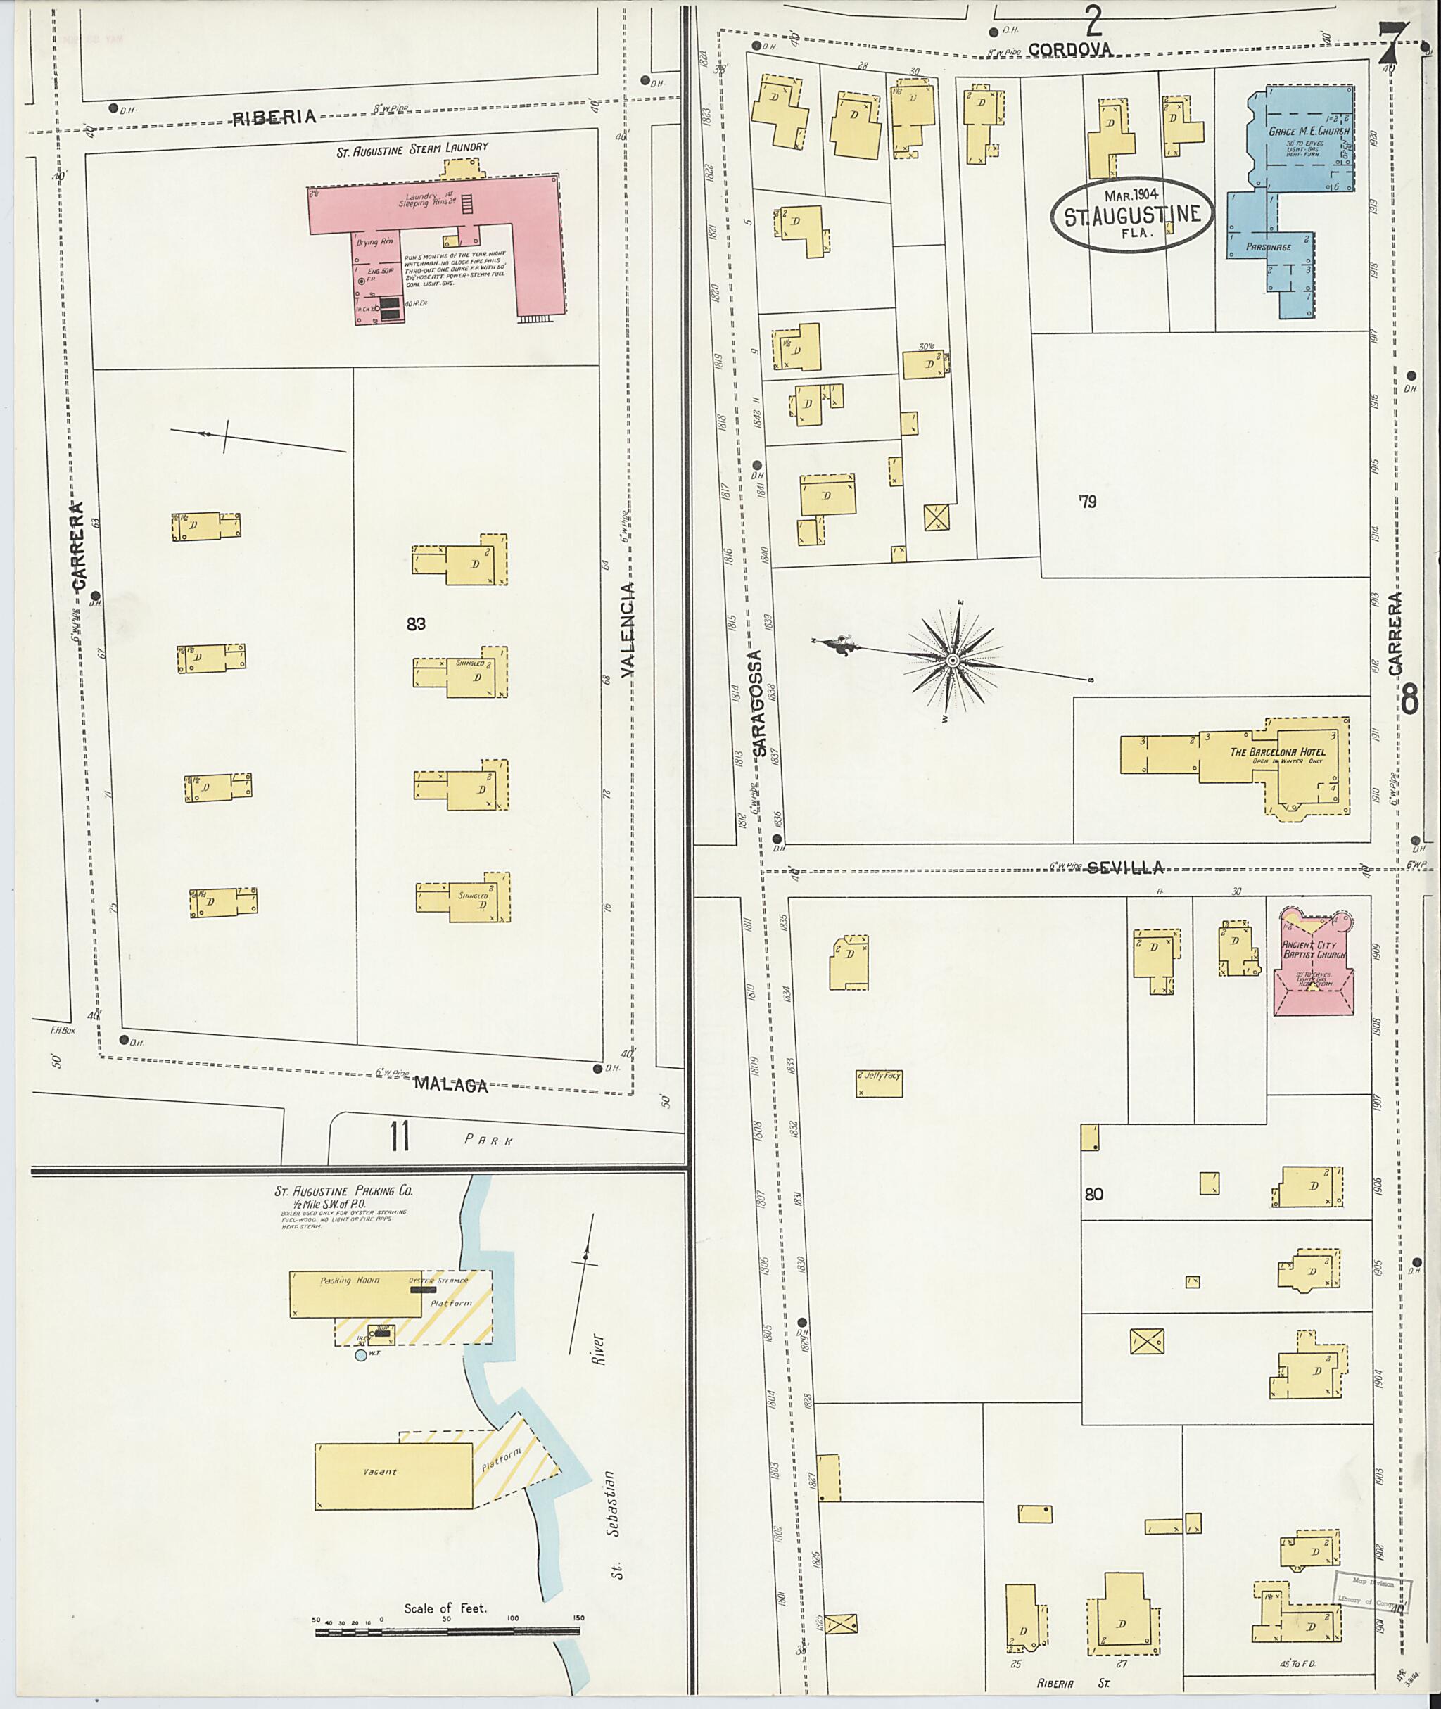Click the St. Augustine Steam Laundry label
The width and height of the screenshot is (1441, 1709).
click(412, 147)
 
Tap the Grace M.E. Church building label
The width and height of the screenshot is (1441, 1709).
click(1309, 131)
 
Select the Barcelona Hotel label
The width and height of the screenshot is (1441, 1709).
click(1278, 751)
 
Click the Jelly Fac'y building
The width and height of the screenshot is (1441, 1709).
click(879, 1082)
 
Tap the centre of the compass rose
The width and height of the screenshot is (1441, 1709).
click(953, 659)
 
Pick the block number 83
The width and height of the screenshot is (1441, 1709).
click(416, 624)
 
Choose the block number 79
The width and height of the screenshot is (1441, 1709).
click(1086, 502)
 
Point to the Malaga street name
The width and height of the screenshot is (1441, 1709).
click(450, 1085)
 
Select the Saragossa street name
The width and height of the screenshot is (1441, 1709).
click(757, 703)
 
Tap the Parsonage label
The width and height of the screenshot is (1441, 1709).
click(1268, 247)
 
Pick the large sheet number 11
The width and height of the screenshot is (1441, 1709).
click(399, 1136)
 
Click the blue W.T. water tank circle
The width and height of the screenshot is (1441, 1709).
click(361, 1355)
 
